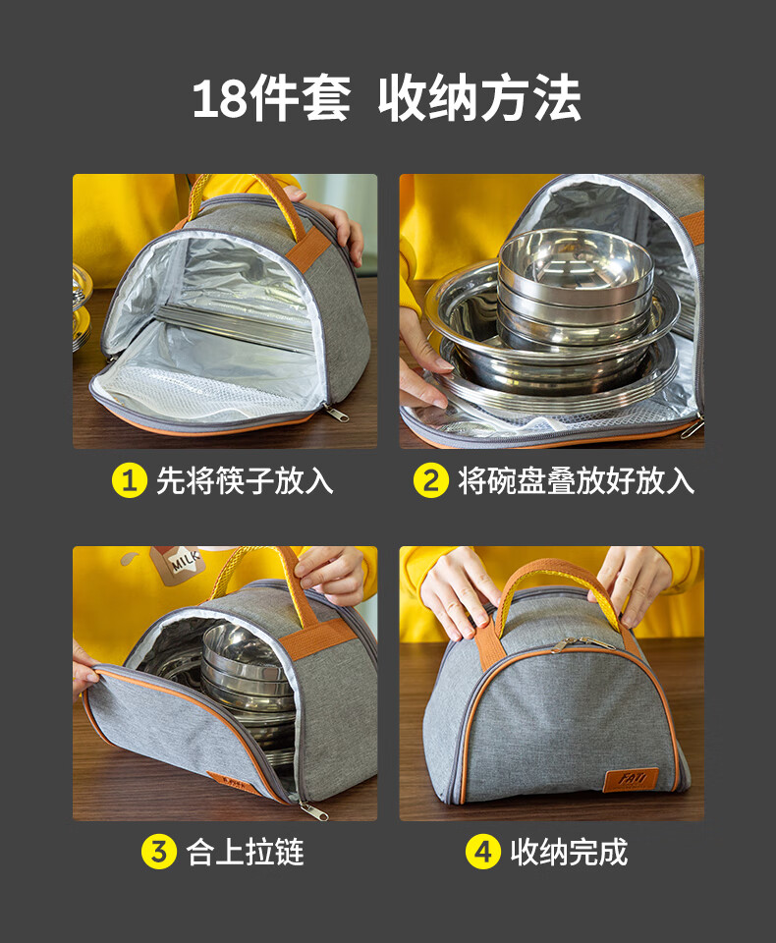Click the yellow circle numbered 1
coord(130,480)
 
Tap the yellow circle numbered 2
coord(430,480)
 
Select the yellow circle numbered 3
coord(159,852)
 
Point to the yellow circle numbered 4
coord(483,852)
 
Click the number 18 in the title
coord(218,99)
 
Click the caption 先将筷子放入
coord(245,480)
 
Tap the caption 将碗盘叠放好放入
coord(577,480)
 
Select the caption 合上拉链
coord(245,852)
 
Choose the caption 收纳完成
coord(569,852)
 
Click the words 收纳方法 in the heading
coord(479,98)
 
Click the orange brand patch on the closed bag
coord(631,779)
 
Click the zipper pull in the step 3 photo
coord(314,811)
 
